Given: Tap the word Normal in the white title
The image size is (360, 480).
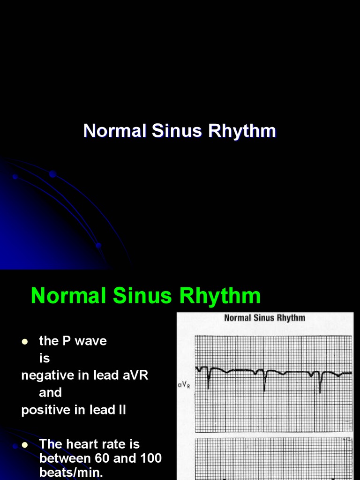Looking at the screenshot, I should coord(115,131).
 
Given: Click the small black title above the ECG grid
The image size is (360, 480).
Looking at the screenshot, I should coord(264,318).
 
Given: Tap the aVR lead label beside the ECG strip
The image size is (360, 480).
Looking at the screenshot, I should coord(183,385).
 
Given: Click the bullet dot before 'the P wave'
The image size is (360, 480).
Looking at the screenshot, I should coord(25,342).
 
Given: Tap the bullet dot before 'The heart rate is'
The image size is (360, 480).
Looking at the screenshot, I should coord(25,445).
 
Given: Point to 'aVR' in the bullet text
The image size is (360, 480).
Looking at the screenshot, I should coord(132,375).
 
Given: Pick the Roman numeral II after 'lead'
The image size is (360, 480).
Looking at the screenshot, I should coord(121,410).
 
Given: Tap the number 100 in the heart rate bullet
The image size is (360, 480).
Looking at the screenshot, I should coord(150,458).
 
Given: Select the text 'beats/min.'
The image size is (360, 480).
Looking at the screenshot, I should coord(70,472).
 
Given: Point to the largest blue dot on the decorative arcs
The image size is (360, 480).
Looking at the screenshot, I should coord(52,174).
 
